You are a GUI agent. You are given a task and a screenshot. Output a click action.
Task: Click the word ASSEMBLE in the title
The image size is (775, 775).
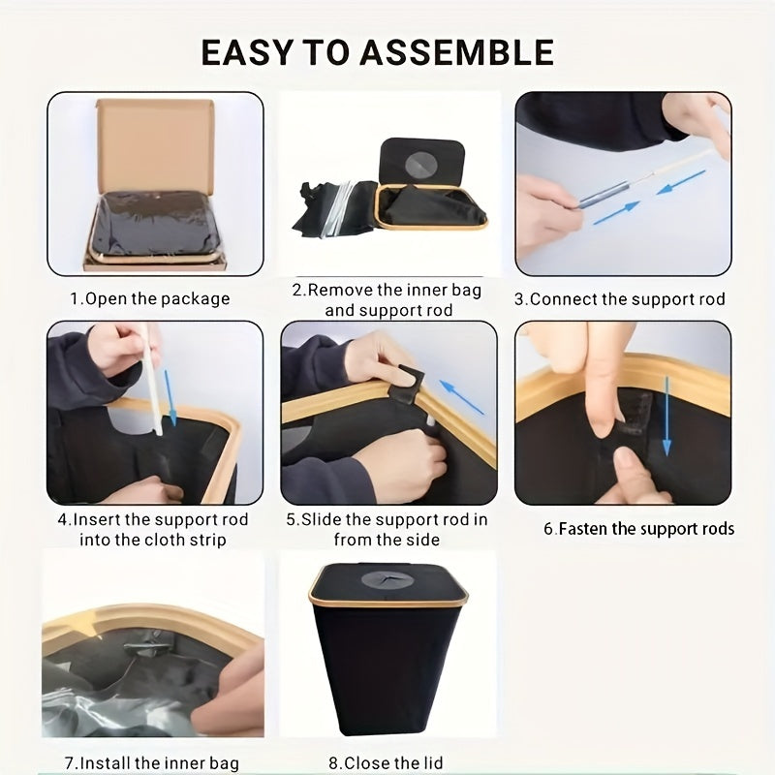pyautogui.click(x=456, y=52)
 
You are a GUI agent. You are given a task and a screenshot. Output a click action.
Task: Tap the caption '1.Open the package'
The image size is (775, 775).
pyautogui.click(x=150, y=299)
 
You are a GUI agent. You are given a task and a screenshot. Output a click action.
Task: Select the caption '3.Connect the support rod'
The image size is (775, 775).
pyautogui.click(x=620, y=299)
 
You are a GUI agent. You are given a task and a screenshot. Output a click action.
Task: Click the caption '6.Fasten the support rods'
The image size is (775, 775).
pyautogui.click(x=639, y=528)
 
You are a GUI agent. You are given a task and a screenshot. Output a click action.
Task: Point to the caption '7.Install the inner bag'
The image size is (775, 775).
pyautogui.click(x=152, y=763)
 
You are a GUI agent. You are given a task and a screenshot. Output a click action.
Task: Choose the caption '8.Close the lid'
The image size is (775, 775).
pyautogui.click(x=386, y=763)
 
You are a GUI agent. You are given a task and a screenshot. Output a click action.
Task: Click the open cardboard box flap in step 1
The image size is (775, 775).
pyautogui.click(x=156, y=144)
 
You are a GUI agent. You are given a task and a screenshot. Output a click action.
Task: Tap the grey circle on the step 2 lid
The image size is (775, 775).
pyautogui.click(x=421, y=163)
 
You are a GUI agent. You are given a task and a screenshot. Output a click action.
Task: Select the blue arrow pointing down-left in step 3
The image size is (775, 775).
pyautogui.click(x=681, y=182)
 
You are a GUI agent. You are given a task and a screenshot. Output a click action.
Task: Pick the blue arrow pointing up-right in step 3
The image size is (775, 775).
pyautogui.click(x=616, y=213)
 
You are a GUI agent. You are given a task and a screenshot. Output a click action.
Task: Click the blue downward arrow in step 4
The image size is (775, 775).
pyautogui.click(x=170, y=398)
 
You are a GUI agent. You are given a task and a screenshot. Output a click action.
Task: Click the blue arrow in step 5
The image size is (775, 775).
pyautogui.click(x=462, y=397)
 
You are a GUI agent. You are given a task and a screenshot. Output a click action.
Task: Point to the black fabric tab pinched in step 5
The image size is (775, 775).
pyautogui.click(x=405, y=382)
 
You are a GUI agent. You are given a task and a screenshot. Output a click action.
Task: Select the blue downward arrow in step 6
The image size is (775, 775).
pyautogui.click(x=666, y=417)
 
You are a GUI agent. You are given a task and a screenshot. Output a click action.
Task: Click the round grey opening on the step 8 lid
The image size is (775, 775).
pyautogui.click(x=382, y=579)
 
